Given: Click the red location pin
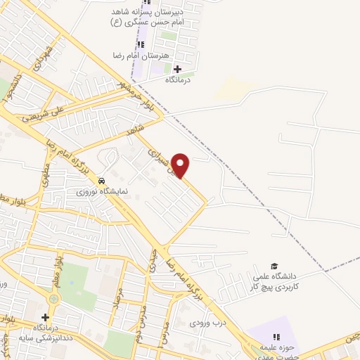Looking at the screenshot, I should pyautogui.click(x=181, y=165).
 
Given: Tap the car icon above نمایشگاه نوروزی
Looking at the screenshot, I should pyautogui.click(x=102, y=180).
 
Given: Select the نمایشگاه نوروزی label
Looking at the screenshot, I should pyautogui.click(x=103, y=191).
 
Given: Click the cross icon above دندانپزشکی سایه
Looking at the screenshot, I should pyautogui.click(x=46, y=318).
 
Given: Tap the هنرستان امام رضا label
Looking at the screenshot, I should pyautogui.click(x=137, y=55).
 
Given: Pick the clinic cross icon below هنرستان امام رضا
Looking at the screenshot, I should pyautogui.click(x=177, y=69).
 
